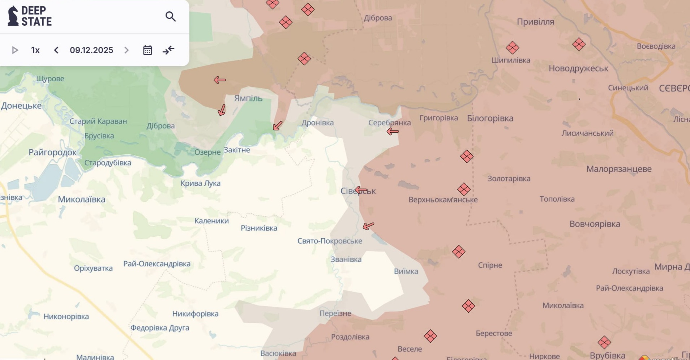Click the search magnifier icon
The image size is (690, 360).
point(170,17)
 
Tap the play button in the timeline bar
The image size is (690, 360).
point(15,50)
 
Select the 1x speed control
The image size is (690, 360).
point(35,50)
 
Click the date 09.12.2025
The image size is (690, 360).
point(91,50)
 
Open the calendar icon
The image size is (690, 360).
point(147,50)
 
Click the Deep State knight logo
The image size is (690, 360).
point(13,16)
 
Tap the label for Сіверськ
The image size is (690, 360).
point(358,191)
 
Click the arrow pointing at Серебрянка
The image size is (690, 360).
point(393,132)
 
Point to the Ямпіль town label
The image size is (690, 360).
point(248,98)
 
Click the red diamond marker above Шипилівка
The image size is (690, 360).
point(512,47)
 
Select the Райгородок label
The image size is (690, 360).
point(52,153)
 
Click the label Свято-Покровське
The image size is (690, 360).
point(329,241)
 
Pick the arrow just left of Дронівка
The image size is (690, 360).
point(278,126)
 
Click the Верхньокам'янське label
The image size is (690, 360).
point(443,200)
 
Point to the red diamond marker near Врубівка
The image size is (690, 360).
point(604,342)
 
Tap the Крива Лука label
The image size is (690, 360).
point(200,183)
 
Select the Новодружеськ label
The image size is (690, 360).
point(578,69)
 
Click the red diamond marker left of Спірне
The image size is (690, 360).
point(458,252)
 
